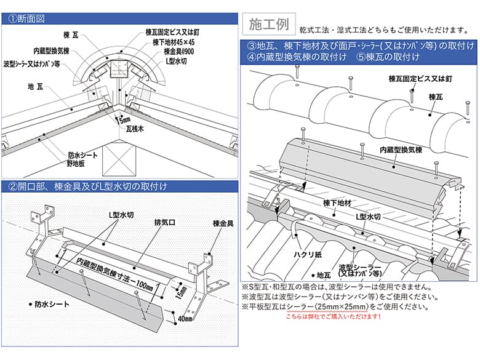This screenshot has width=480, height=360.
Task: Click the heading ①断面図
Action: pyautogui.click(x=28, y=18)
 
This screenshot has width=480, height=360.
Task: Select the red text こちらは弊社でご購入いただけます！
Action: pyautogui.click(x=334, y=316)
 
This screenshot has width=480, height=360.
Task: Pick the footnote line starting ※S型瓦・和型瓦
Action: pyautogui.click(x=336, y=287)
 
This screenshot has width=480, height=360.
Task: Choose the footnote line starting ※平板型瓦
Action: pyautogui.click(x=335, y=306)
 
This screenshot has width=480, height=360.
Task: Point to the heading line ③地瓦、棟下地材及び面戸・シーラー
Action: pyautogui.click(x=361, y=46)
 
